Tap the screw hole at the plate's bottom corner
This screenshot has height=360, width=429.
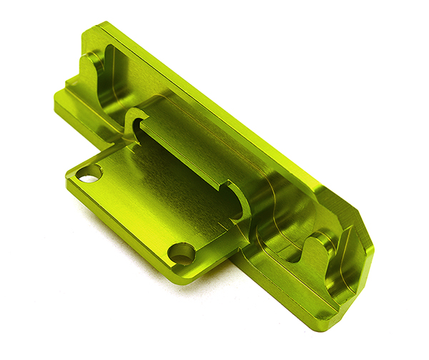(x=181, y=253)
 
